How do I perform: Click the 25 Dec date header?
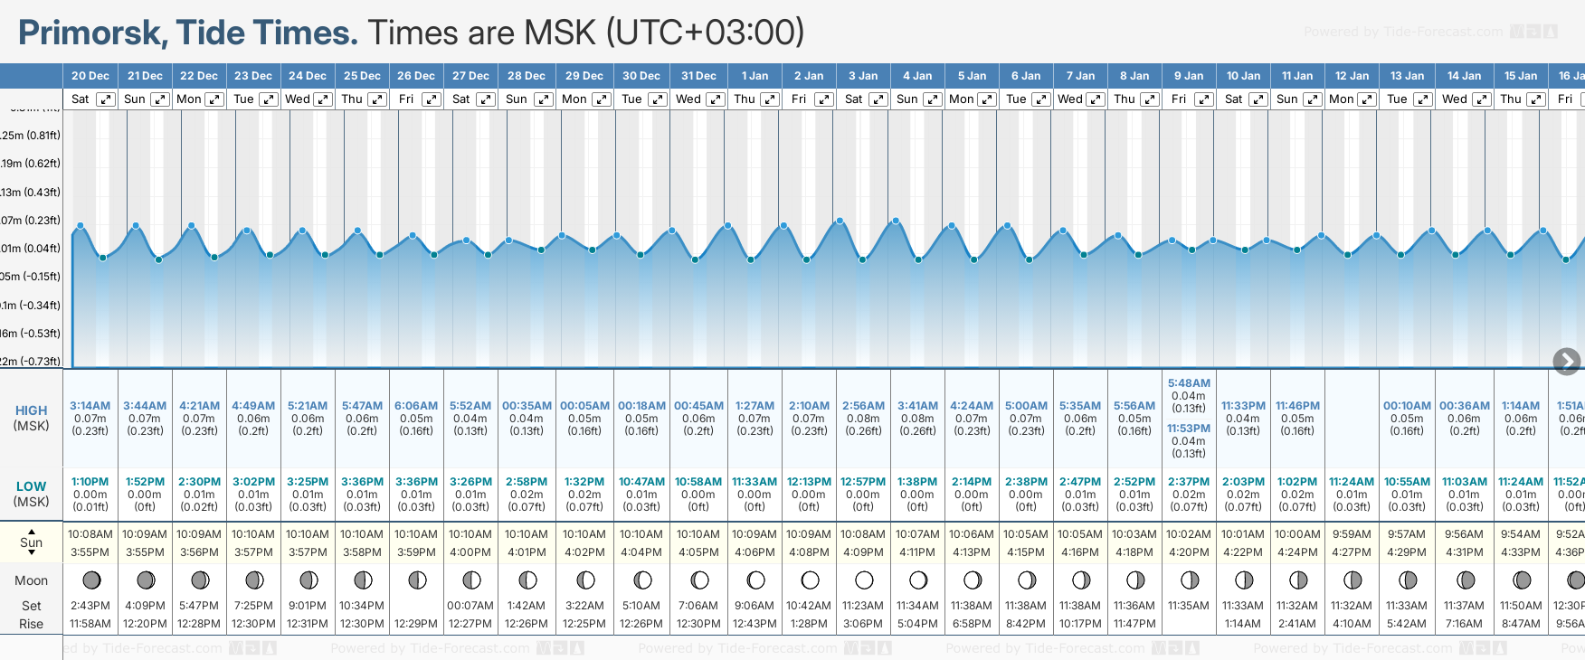point(362,76)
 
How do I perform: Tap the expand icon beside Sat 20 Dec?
point(106,99)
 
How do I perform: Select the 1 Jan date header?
point(755,76)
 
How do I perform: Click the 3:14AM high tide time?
point(90,406)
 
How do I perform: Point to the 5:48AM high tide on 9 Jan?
point(1189,383)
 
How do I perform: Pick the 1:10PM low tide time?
point(90,482)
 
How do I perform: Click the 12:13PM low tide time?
point(809,482)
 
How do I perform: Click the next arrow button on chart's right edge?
point(1567,362)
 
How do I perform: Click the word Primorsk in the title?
point(91,33)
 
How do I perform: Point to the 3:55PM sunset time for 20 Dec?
point(90,552)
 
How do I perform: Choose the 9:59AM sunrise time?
point(1352,534)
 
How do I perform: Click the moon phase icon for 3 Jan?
point(864,580)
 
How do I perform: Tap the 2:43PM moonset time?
point(90,606)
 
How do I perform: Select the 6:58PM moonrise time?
point(972,624)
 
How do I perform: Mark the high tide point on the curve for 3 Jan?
point(840,221)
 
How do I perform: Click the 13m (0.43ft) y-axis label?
point(31,193)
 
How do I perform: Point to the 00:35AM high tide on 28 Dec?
point(527,406)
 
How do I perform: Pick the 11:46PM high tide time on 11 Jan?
point(1297,406)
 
